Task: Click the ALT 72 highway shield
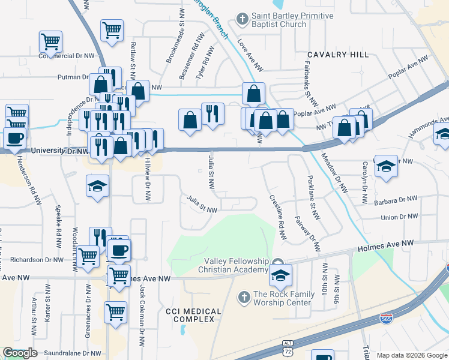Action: (288, 348)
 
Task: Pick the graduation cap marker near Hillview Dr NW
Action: (97, 185)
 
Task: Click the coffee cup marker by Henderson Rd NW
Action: (15, 139)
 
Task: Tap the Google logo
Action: (20, 353)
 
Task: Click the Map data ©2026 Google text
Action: (412, 355)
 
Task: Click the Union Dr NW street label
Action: (399, 216)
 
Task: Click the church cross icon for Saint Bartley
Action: (243, 20)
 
